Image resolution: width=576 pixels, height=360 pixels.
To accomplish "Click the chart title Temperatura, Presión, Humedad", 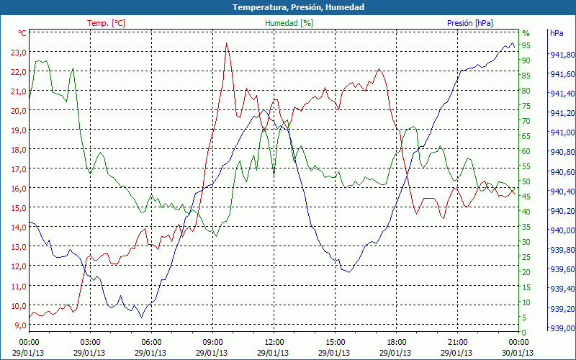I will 288,7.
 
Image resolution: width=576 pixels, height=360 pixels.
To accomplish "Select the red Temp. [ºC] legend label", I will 106,23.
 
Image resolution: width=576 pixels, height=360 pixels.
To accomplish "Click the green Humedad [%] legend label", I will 289,23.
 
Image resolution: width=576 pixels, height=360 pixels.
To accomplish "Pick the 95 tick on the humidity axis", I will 526,45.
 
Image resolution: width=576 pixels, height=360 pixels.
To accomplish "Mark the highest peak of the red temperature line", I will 227,42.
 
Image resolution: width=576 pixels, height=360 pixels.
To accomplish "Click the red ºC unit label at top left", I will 22,33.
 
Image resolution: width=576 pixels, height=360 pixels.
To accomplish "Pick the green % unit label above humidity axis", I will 526,33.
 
